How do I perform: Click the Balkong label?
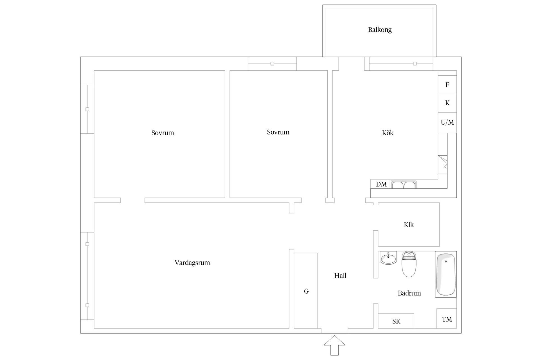(x=380, y=30)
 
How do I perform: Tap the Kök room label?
(x=388, y=132)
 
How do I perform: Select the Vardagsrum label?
(x=192, y=263)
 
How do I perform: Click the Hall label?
(x=340, y=276)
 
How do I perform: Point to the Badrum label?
(x=409, y=293)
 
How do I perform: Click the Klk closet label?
(x=409, y=224)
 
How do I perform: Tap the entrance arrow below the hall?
(x=334, y=345)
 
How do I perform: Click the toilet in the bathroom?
(x=409, y=264)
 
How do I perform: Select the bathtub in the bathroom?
(x=446, y=274)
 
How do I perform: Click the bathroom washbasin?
(x=388, y=258)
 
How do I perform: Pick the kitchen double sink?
(x=404, y=184)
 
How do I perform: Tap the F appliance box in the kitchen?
(x=447, y=85)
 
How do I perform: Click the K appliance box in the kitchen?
(x=447, y=103)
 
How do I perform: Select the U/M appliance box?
(x=447, y=123)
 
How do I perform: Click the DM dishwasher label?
(x=381, y=184)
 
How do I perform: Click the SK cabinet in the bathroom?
(x=396, y=321)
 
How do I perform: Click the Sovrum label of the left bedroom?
(x=163, y=133)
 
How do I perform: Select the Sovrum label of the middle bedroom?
(x=278, y=132)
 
